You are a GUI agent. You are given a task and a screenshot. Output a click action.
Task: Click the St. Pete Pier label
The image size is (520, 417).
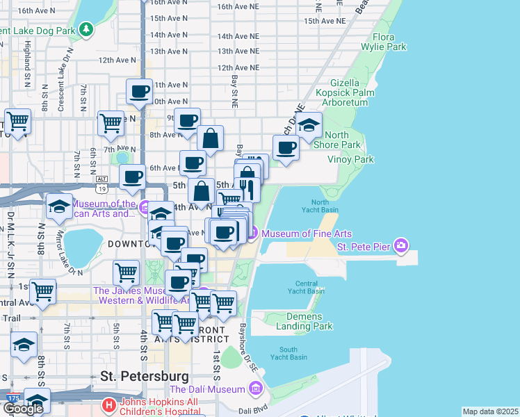[364, 246]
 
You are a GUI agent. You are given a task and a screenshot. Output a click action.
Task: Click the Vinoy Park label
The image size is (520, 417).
[355, 159]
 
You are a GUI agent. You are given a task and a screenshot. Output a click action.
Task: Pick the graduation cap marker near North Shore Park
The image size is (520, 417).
[309, 125]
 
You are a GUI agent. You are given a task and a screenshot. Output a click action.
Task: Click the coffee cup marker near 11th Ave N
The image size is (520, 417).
[139, 92]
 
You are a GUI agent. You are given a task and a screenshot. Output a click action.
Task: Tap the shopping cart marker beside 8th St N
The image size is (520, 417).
[17, 122]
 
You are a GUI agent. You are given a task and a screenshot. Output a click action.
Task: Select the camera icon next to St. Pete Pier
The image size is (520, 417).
[400, 245]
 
